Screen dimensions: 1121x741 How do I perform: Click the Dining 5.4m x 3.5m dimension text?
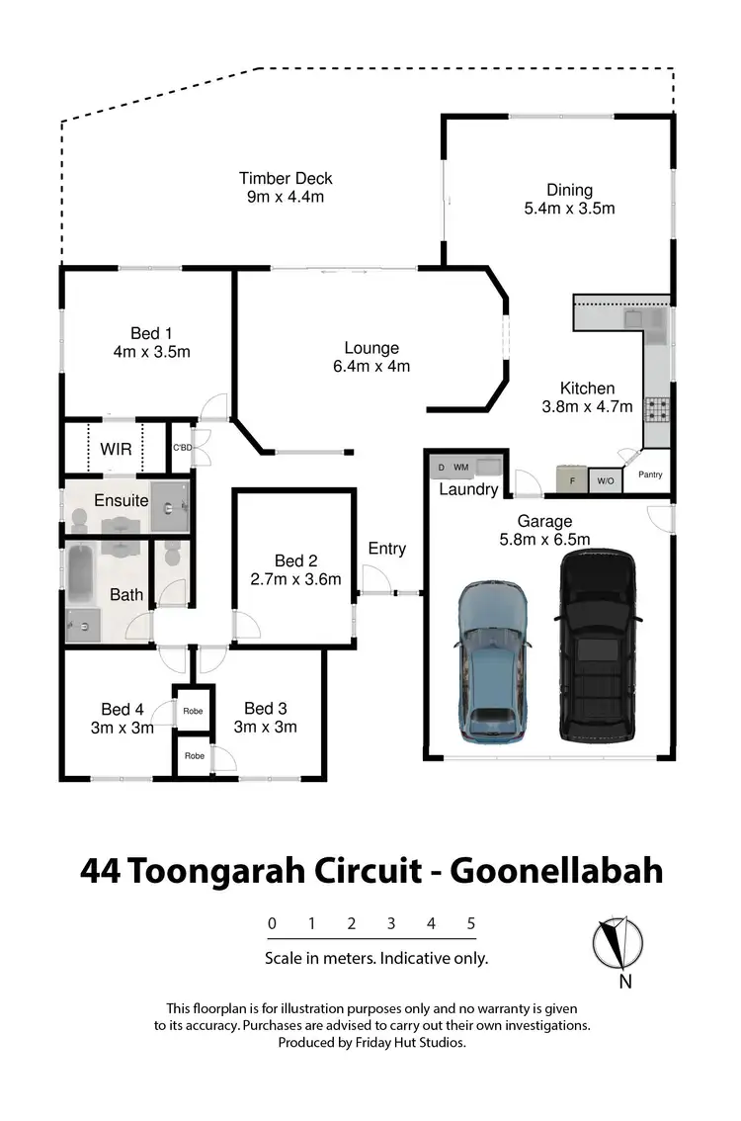pos(569,209)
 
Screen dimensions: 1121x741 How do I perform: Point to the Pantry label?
pos(650,475)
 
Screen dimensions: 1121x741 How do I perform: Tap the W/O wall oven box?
pos(605,481)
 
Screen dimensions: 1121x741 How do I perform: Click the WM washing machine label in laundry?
pos(461,467)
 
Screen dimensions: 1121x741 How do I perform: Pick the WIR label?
pos(116,449)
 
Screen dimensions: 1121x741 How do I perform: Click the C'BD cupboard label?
pos(182,448)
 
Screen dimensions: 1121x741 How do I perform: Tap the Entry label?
pos(386,549)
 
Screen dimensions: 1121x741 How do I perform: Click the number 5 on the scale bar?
pos(471,923)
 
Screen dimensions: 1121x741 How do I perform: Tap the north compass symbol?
pos(617,944)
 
